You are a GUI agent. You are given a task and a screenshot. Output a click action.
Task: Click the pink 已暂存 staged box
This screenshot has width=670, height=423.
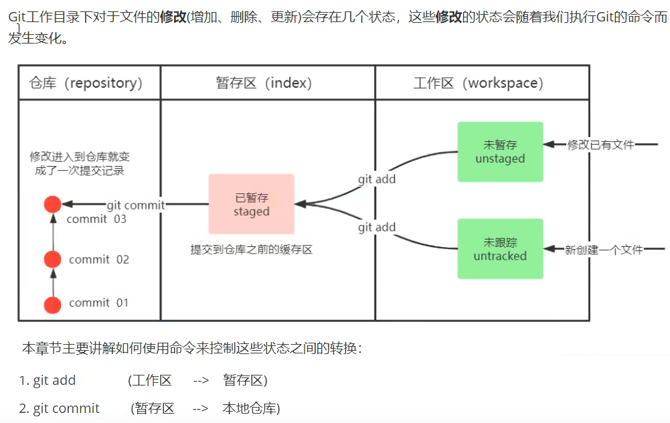coord(251,205)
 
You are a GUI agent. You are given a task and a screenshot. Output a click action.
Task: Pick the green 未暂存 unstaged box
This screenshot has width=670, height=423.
coord(500,152)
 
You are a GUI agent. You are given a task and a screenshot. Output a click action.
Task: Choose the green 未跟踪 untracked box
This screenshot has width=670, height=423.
coord(500,249)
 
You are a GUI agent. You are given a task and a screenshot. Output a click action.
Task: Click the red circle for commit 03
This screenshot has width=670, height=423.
coord(52,205)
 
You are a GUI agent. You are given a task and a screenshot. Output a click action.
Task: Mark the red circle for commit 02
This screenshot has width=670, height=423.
coord(52,259)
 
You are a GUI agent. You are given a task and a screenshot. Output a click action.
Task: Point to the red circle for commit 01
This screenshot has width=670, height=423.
coord(52,305)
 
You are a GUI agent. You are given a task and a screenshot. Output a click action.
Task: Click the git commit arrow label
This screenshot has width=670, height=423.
coord(136,205)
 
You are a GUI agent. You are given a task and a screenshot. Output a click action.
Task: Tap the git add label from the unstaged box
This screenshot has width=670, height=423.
coord(377,179)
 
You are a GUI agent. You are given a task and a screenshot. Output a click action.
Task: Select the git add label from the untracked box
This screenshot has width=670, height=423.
coord(377,228)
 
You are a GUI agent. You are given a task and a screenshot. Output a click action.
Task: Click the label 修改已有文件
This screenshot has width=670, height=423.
coord(600,144)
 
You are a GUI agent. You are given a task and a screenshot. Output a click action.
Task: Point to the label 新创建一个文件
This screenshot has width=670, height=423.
coord(604,250)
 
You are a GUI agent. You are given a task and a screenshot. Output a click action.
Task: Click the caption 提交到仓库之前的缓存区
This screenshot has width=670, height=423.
coord(252,250)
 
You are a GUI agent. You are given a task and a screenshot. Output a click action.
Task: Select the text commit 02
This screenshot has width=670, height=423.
coord(99,260)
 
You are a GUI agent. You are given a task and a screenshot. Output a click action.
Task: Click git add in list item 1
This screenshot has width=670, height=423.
coord(54,381)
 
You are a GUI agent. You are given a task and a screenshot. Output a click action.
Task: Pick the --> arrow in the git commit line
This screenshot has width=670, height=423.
coord(200,408)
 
